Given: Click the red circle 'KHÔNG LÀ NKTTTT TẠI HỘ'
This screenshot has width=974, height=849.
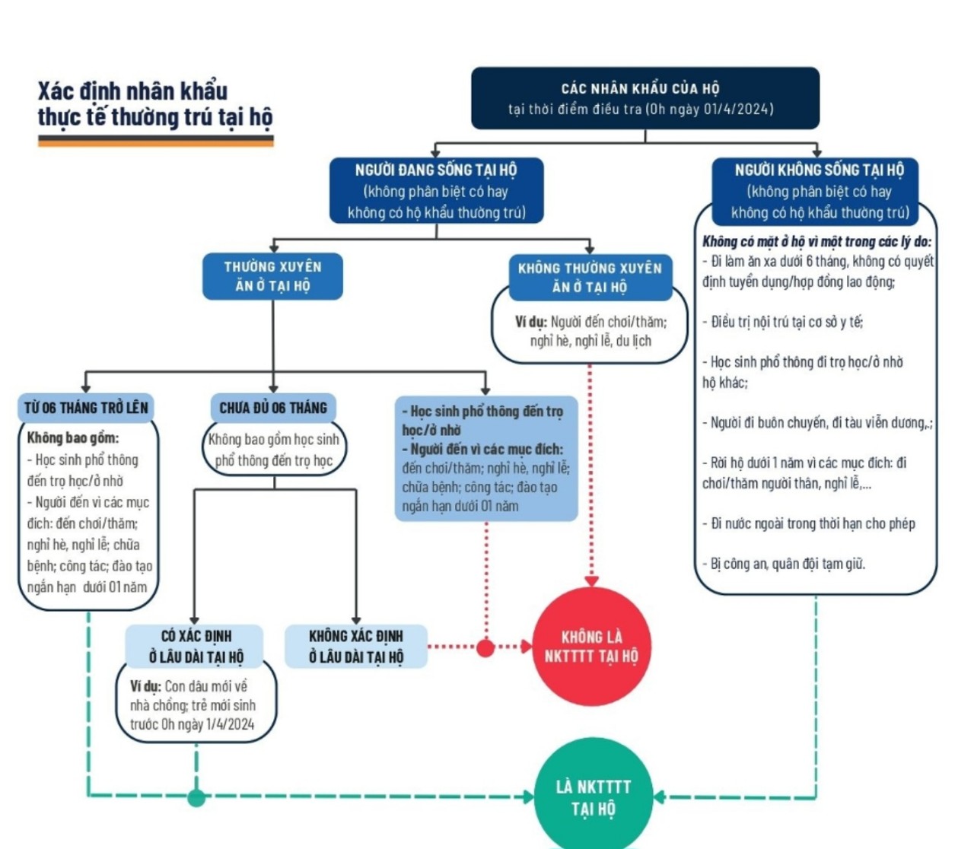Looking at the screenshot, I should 591,647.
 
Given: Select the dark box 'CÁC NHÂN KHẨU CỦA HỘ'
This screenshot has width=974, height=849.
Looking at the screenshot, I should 645,98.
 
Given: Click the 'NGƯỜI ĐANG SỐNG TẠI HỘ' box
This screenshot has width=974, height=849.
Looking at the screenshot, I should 436,190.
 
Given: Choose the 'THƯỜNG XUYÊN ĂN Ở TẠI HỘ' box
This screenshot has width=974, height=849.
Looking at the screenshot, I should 272,276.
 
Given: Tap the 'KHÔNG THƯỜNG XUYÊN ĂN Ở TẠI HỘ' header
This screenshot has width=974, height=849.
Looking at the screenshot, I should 590,277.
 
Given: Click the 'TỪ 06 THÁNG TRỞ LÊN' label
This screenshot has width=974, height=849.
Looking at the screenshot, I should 86,408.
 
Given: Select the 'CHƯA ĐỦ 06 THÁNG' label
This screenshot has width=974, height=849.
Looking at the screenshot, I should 273,408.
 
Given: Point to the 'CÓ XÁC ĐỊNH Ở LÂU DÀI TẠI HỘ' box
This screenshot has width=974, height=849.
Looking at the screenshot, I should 196,646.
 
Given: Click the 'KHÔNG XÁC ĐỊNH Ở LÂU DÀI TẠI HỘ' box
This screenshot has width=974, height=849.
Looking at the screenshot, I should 356,646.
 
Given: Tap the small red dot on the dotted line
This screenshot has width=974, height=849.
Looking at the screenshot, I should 485,647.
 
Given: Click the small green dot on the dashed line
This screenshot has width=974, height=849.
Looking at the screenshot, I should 196,797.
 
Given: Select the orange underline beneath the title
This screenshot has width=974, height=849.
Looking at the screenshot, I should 155,141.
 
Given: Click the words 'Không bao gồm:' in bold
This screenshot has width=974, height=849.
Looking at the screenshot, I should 73,437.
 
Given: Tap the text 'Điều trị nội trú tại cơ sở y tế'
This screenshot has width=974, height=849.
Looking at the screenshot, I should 787,322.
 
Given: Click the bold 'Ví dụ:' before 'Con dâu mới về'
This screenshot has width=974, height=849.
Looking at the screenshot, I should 145,686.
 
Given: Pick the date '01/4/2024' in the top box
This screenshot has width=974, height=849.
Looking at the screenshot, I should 737,109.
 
